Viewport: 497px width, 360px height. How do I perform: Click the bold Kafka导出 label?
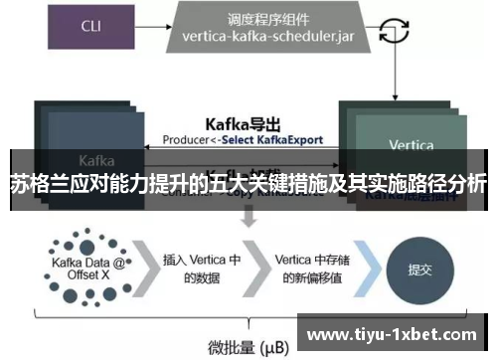click(x=243, y=123)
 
